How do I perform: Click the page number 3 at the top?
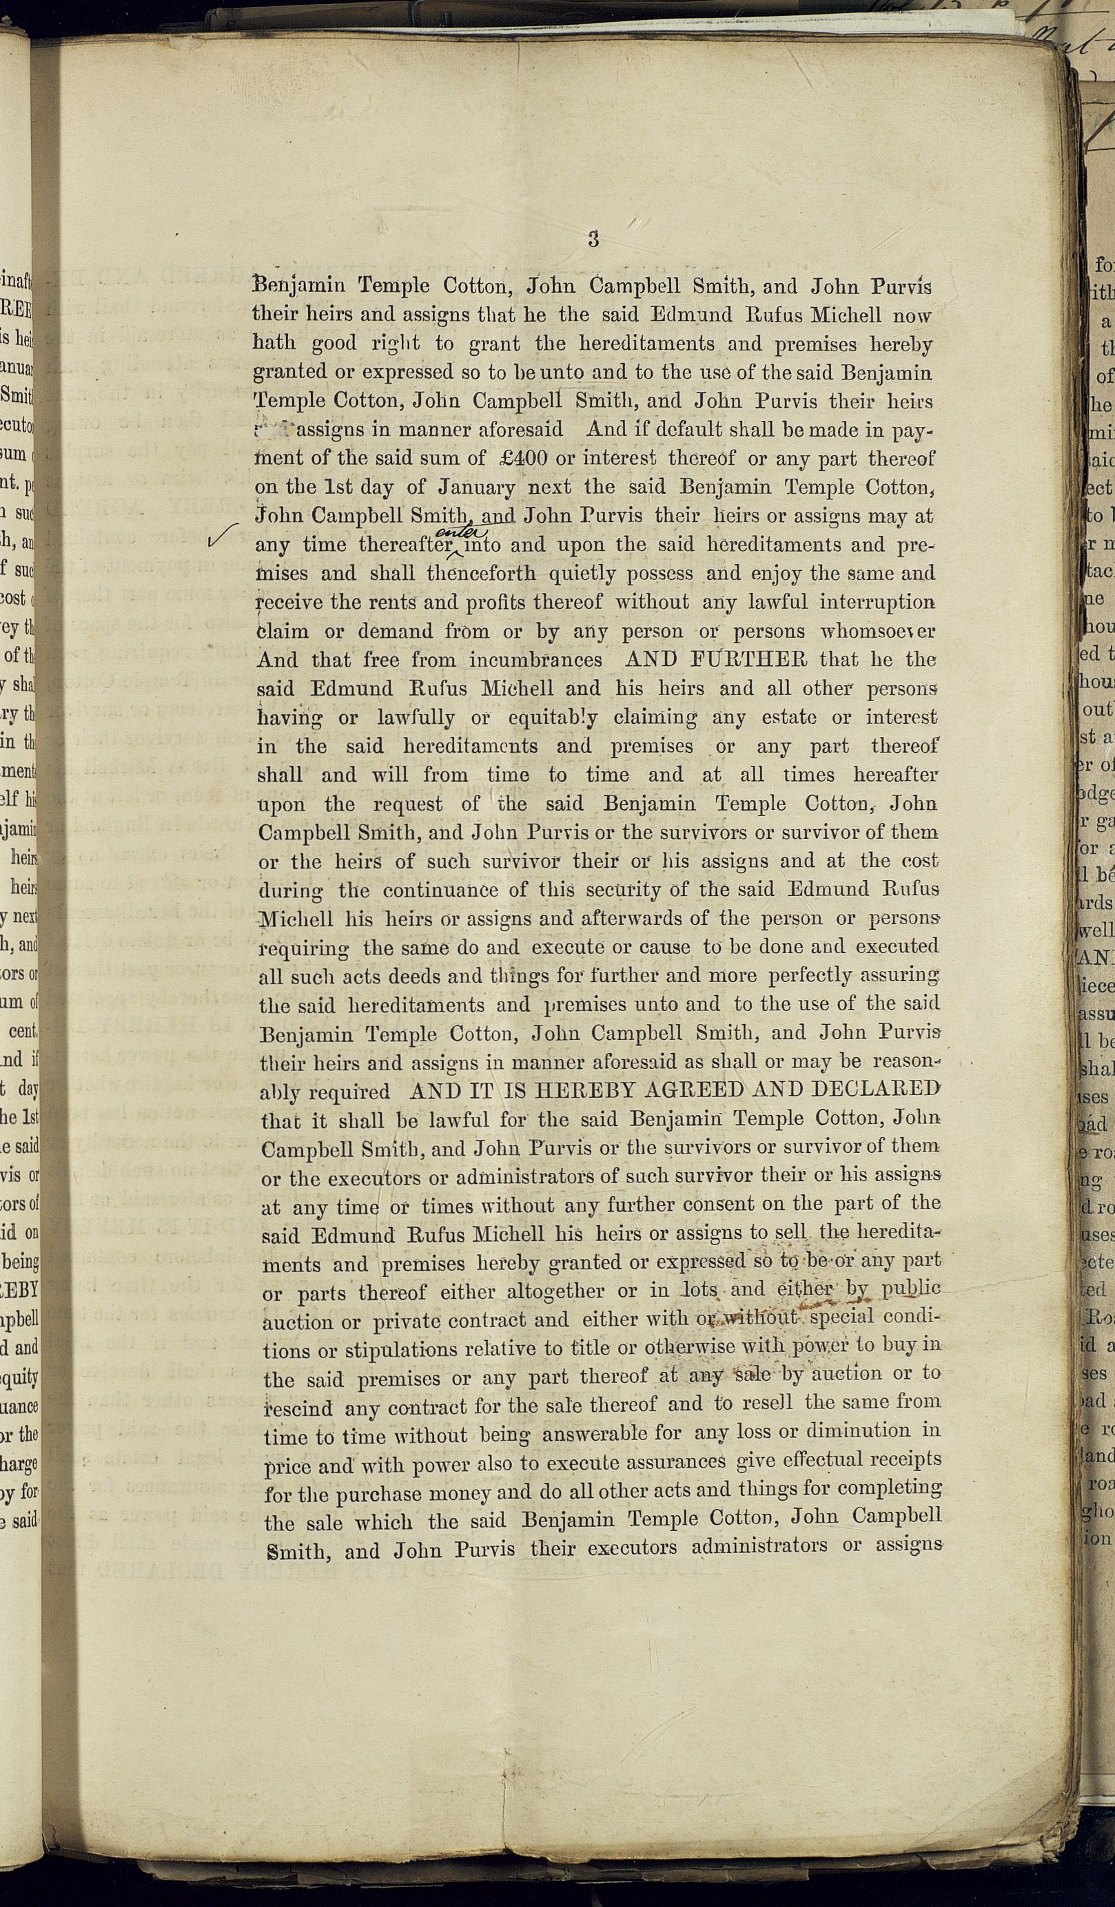pos(593,240)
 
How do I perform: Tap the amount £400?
pos(515,459)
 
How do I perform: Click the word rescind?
pos(298,1408)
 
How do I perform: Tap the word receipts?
pos(905,1459)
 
